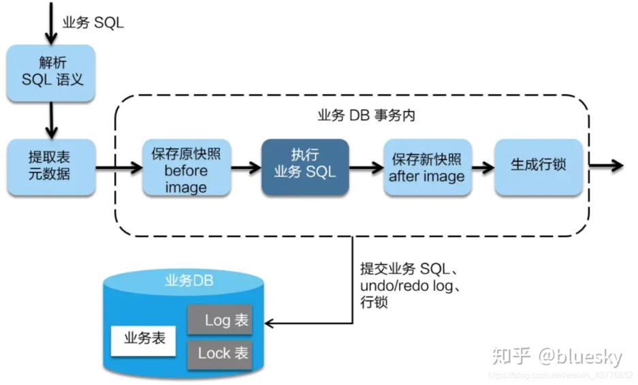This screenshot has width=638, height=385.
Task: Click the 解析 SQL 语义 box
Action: [51, 73]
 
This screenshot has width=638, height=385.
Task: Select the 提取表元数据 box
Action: [51, 167]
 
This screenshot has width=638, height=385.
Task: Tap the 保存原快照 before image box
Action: [187, 167]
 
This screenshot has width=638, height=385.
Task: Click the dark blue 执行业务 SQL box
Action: [305, 167]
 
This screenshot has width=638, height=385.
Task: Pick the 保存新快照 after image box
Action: [428, 167]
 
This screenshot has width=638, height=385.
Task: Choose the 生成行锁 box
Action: [539, 167]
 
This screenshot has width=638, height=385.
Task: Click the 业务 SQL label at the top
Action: [93, 22]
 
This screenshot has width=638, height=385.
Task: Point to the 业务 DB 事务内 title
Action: [366, 115]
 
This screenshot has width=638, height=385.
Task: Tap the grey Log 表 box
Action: [220, 320]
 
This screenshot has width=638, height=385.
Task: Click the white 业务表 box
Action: [143, 341]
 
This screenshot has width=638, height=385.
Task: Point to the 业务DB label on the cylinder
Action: [189, 280]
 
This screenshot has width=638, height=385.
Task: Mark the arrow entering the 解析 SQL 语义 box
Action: [51, 23]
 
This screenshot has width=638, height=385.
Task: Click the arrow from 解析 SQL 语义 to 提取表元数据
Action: [51, 120]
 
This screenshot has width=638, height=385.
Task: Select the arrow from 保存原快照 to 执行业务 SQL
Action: [246, 167]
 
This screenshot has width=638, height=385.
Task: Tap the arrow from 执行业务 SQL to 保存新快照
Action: [366, 167]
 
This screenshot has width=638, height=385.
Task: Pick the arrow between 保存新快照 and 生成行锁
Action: [483, 167]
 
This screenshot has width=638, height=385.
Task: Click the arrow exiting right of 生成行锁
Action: [606, 165]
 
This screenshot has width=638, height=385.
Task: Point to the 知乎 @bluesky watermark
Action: [557, 356]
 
